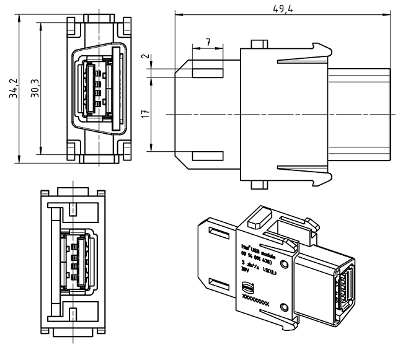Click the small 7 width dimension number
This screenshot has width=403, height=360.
[208, 42]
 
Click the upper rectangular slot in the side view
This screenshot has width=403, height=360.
[208, 73]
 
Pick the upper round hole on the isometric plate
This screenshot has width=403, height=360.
[284, 264]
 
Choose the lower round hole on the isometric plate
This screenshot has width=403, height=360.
[284, 307]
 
